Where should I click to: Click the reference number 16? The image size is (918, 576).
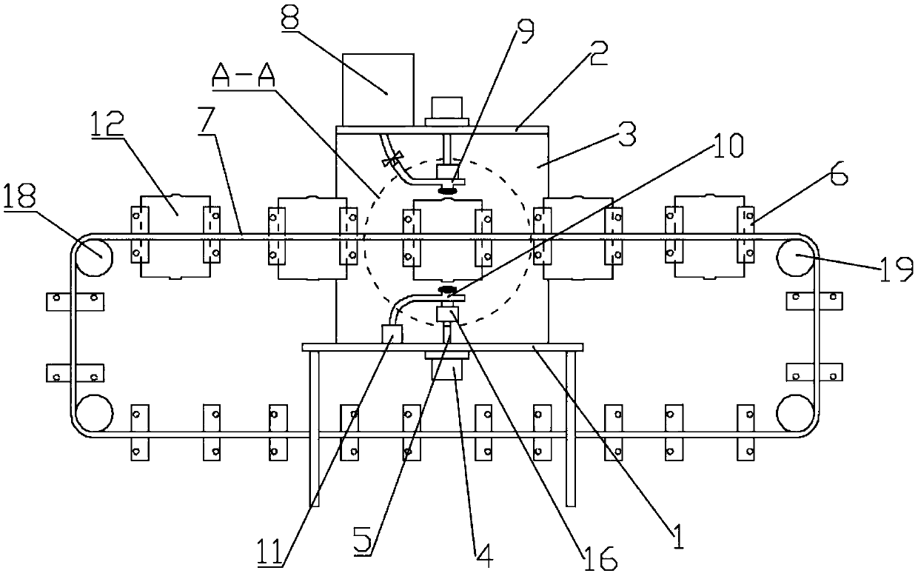(597, 559)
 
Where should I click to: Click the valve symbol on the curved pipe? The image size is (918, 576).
(391, 158)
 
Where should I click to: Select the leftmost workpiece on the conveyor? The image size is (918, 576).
(175, 236)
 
